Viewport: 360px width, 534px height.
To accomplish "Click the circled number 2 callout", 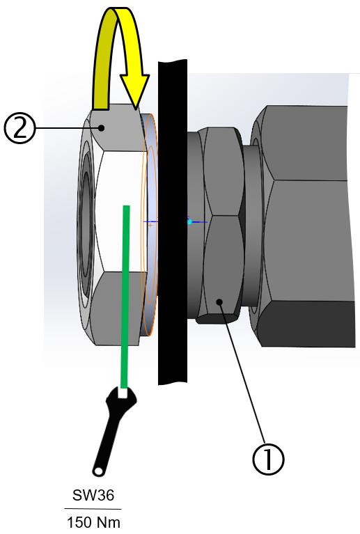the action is point(19,129).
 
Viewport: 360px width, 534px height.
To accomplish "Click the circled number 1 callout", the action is point(268,459).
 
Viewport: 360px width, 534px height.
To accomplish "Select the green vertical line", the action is point(125,297).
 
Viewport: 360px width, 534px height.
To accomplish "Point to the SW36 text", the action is point(93,495).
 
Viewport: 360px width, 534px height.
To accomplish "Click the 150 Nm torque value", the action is point(93,521).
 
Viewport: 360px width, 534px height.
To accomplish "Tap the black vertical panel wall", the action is point(173,222).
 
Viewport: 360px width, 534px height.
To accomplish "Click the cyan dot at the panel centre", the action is point(189,222).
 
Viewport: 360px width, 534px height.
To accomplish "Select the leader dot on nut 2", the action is point(101,128).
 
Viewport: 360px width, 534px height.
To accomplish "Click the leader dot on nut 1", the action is point(219,301).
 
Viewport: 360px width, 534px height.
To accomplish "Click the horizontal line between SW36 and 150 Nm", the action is point(93,509).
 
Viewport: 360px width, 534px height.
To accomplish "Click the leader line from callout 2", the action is point(68,128).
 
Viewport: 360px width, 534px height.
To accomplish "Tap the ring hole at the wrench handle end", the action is point(99,471).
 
